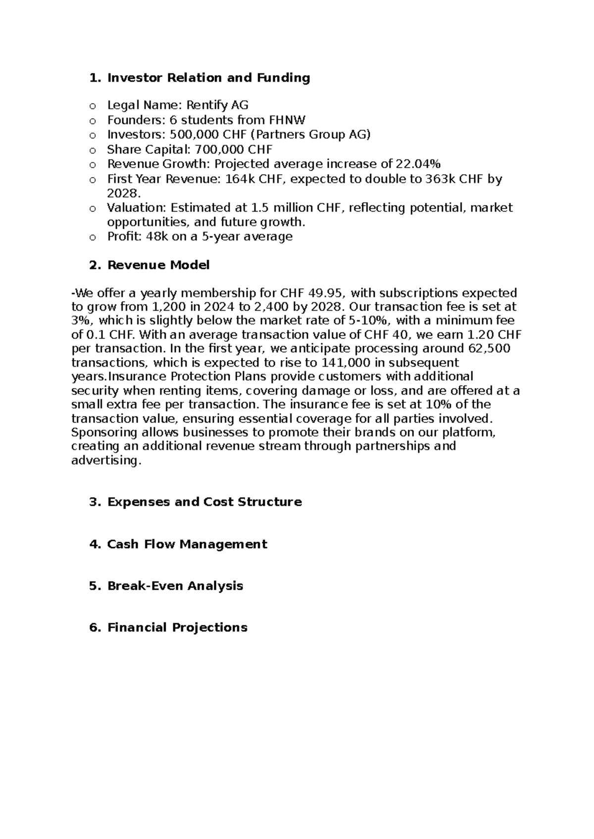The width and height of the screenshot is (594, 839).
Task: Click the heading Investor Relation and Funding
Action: [x=208, y=78]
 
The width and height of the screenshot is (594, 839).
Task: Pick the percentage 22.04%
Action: [x=418, y=164]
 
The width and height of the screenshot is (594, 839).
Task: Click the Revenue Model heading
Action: [x=158, y=265]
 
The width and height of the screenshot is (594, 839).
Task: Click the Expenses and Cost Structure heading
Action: [x=204, y=502]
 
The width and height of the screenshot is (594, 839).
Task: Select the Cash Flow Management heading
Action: [x=187, y=544]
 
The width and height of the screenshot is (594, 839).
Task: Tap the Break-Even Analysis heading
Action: [x=175, y=586]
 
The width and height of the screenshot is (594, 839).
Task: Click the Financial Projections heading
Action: [x=177, y=628]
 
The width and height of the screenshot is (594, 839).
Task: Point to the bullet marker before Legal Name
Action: [x=92, y=106]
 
